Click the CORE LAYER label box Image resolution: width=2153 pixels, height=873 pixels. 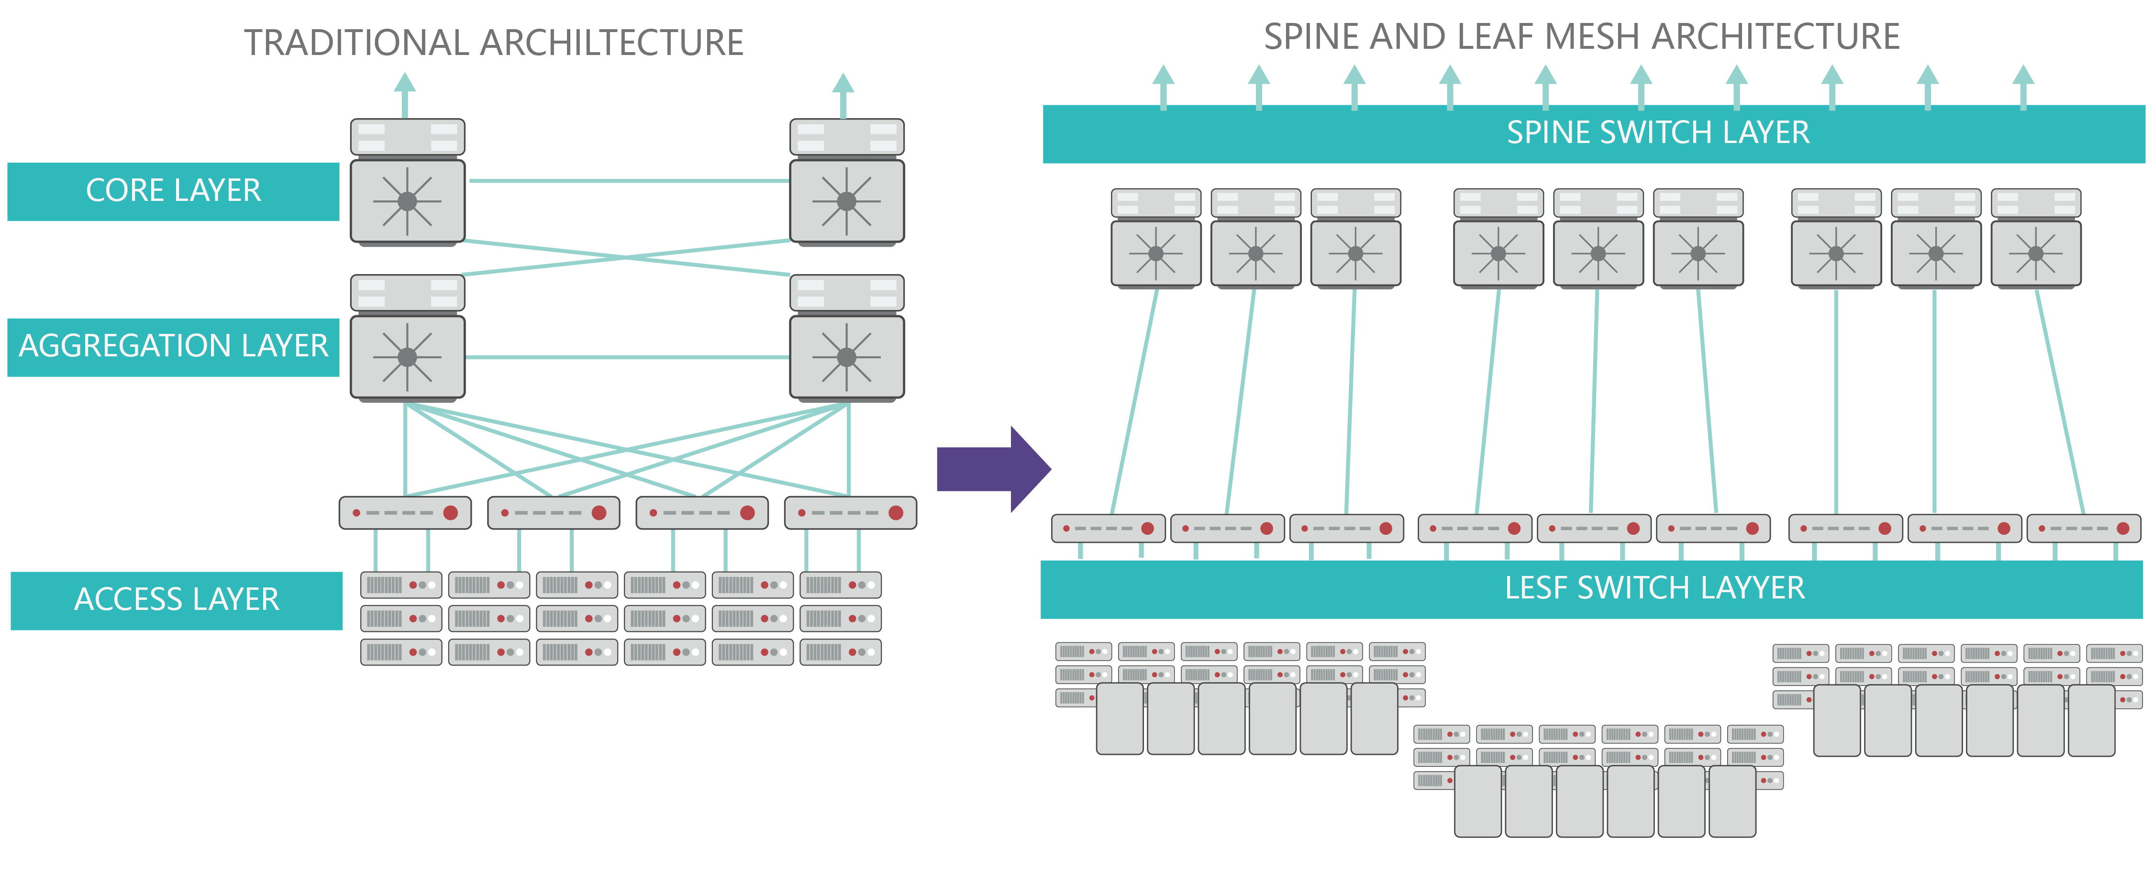point(173,191)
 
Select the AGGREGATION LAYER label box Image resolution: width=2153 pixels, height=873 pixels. point(173,347)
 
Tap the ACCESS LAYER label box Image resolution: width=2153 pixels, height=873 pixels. point(177,600)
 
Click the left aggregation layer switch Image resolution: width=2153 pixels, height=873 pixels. point(407,338)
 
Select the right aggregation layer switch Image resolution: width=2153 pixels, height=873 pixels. point(847,338)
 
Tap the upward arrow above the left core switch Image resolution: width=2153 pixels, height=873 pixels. point(405,92)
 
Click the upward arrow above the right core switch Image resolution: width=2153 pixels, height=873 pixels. point(843,92)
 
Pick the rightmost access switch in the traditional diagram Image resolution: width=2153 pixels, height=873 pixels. point(850,513)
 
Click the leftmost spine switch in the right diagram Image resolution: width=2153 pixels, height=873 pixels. point(1156,239)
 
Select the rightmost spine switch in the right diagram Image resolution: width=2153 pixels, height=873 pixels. point(2036,239)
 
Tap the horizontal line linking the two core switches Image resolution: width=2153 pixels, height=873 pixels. point(627,180)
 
